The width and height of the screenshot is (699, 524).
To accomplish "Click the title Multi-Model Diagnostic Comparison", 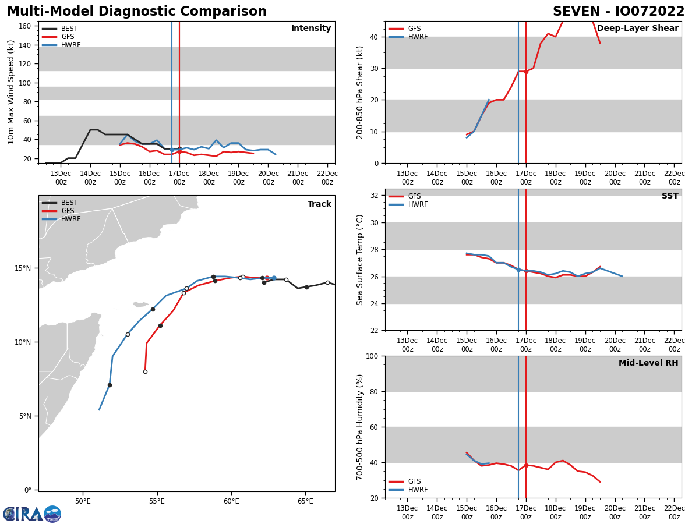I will (136, 12).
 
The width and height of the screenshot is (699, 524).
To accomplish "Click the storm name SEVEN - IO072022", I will (619, 12).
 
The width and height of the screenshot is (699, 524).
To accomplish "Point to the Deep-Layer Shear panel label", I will (637, 29).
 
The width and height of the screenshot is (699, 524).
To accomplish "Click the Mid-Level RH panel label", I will (648, 363).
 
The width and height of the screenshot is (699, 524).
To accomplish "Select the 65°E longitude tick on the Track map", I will (305, 501).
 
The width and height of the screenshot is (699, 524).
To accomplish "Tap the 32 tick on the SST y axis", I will (375, 196).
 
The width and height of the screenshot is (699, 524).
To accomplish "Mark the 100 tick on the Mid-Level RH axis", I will (373, 356).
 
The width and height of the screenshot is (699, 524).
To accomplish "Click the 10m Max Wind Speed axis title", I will (11, 92).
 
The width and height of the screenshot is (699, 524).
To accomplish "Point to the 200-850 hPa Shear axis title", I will (360, 92).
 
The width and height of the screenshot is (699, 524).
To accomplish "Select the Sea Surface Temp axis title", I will (360, 260).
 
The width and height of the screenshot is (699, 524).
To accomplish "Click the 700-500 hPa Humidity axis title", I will (360, 427).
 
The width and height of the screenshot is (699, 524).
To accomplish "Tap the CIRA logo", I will (32, 514).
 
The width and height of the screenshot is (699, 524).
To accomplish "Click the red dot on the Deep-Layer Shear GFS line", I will (526, 72).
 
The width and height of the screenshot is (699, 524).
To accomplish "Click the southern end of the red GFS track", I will (145, 371).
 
